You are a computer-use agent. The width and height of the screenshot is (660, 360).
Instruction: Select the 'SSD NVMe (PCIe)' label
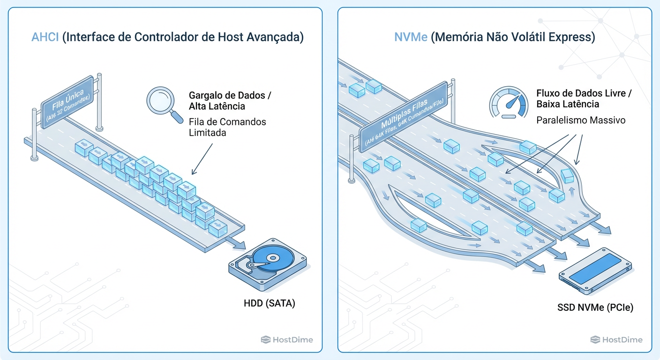(595, 308)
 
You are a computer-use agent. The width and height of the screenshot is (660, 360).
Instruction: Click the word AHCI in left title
(45, 37)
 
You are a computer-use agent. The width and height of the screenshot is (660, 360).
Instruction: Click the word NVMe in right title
(411, 37)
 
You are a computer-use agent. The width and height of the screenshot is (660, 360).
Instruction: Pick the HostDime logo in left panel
(286, 340)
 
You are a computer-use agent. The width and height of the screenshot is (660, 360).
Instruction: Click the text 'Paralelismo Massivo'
(580, 120)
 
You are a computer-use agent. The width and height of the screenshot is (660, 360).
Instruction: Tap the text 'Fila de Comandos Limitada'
(227, 127)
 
